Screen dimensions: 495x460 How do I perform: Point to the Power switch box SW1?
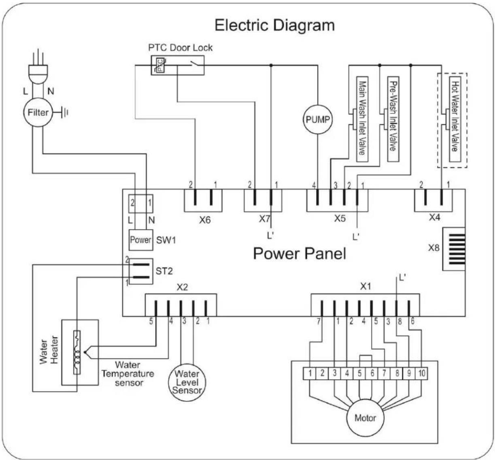(141, 240)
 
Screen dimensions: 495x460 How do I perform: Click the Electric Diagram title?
(274, 25)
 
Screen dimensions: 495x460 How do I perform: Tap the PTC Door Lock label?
(180, 48)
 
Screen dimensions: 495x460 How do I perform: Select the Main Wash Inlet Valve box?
(362, 119)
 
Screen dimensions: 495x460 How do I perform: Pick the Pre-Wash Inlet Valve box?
(393, 119)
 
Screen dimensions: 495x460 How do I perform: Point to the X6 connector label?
(205, 220)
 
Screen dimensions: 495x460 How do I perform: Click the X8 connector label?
(434, 248)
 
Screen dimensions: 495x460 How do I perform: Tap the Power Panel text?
(300, 254)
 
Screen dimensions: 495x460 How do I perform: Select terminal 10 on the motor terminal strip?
(421, 373)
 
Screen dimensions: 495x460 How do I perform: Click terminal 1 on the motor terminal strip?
(310, 373)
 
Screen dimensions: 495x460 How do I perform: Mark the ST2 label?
(164, 271)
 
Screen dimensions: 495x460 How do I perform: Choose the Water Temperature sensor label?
(128, 374)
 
